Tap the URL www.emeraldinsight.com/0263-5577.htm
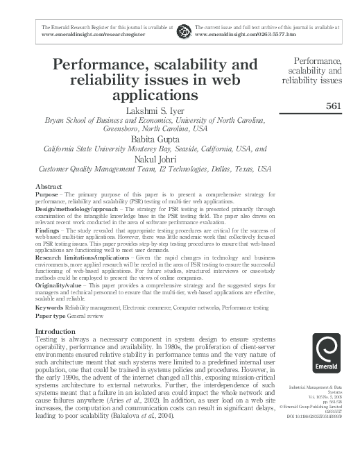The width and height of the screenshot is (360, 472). click(x=240, y=33)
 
